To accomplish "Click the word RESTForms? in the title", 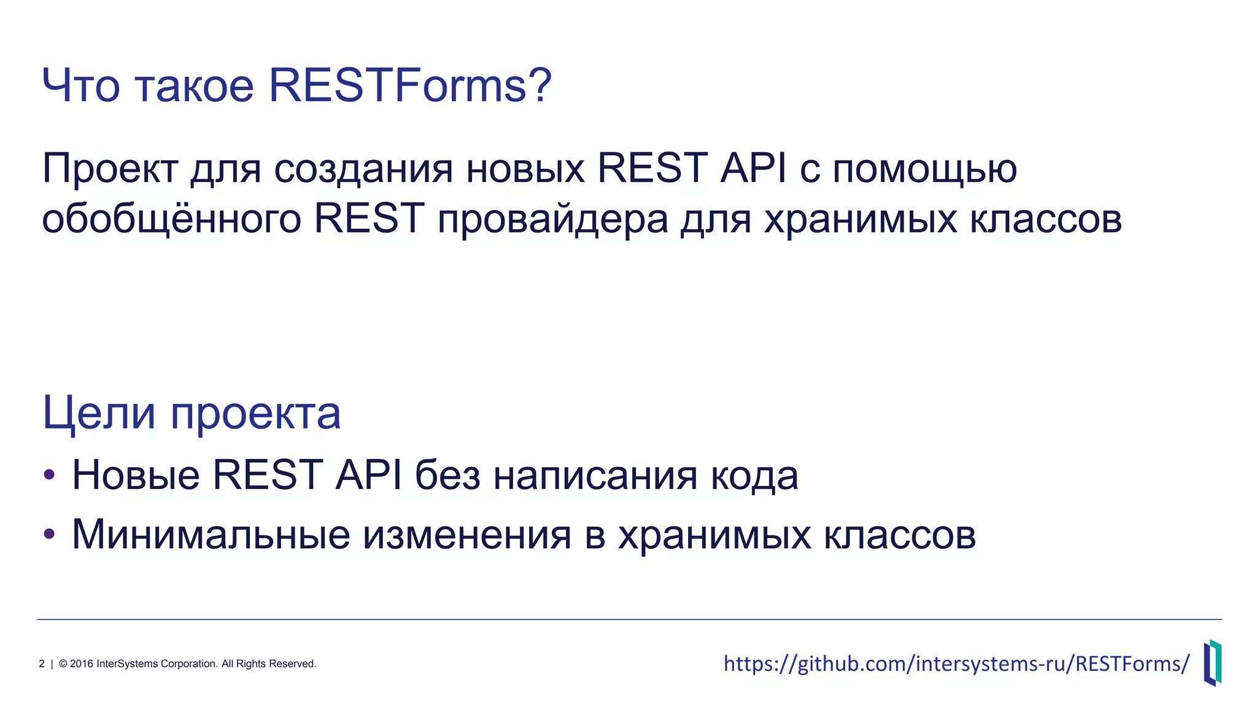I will pyautogui.click(x=410, y=85).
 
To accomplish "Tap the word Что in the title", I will pyautogui.click(x=80, y=85).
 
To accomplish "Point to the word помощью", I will pyautogui.click(x=924, y=169).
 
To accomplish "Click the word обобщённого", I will pyautogui.click(x=171, y=219).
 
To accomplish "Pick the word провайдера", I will pyautogui.click(x=552, y=219).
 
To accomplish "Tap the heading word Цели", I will pyautogui.click(x=99, y=413).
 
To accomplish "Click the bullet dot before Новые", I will pyautogui.click(x=50, y=475).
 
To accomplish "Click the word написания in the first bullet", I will pyautogui.click(x=595, y=476).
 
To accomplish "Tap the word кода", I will pyautogui.click(x=754, y=476).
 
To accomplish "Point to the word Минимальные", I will pyautogui.click(x=211, y=535).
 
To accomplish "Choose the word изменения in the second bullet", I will pyautogui.click(x=467, y=535).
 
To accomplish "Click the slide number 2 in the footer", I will pyautogui.click(x=42, y=664).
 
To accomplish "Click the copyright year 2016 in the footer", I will pyautogui.click(x=82, y=664).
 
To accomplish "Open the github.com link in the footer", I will pyautogui.click(x=956, y=664).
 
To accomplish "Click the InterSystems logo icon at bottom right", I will pyautogui.click(x=1212, y=663).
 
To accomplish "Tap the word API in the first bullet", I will pyautogui.click(x=369, y=475).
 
